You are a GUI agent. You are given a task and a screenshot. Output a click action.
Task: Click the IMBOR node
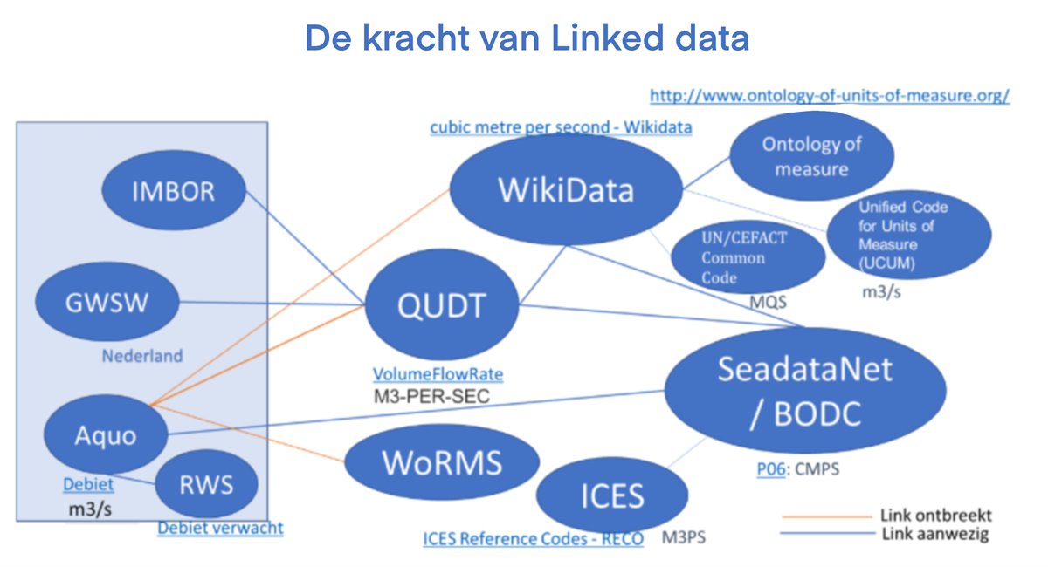tap(174, 192)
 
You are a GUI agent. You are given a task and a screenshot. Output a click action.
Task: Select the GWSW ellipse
tap(106, 304)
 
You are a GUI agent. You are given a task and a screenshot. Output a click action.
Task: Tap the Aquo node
tap(104, 434)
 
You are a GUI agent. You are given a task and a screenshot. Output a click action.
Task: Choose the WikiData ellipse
tap(566, 190)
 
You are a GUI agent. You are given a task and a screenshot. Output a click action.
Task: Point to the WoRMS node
tap(441, 461)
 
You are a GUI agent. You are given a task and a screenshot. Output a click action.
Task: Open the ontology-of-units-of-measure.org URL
tap(829, 95)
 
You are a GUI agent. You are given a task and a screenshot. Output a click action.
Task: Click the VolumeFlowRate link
tap(438, 374)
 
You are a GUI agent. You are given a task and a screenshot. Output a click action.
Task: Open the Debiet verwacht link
tap(220, 528)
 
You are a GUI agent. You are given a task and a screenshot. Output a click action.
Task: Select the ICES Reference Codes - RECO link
tap(533, 539)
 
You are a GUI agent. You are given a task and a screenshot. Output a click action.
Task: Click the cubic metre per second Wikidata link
tap(561, 127)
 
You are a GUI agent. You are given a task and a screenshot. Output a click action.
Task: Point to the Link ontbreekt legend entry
tap(935, 515)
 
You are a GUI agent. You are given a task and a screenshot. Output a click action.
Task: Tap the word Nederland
tap(142, 356)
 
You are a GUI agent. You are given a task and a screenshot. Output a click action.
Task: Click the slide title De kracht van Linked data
tap(527, 38)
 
